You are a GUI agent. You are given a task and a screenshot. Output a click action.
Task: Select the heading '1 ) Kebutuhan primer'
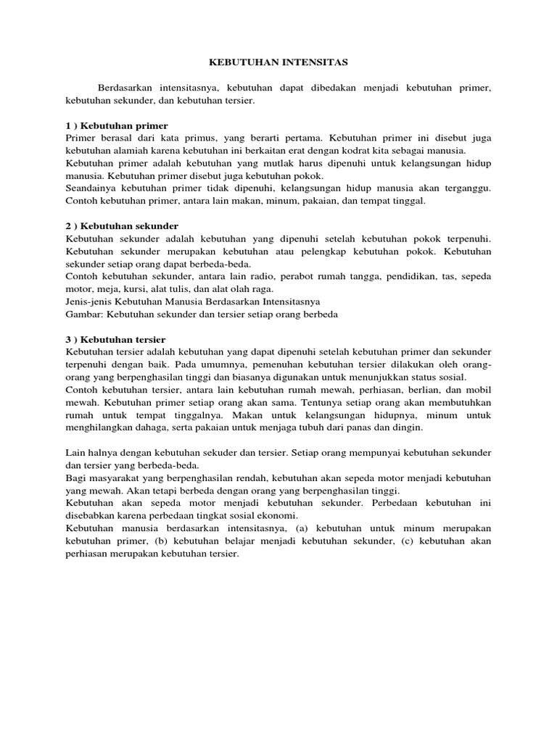(117, 125)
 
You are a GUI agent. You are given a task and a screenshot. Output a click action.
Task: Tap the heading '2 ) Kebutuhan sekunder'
(122, 226)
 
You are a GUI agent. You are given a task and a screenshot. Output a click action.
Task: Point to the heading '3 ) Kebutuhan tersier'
(116, 339)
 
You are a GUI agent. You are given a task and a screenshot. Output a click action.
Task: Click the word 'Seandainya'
(91, 188)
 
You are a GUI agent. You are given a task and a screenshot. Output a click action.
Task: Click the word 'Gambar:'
(84, 314)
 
